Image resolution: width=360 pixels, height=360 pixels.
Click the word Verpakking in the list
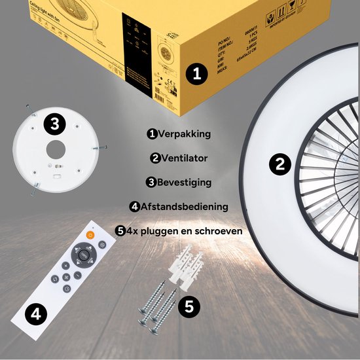[x=184, y=134]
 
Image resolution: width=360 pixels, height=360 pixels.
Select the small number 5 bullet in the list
[x=119, y=231]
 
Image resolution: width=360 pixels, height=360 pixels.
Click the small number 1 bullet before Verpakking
[x=152, y=134]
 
